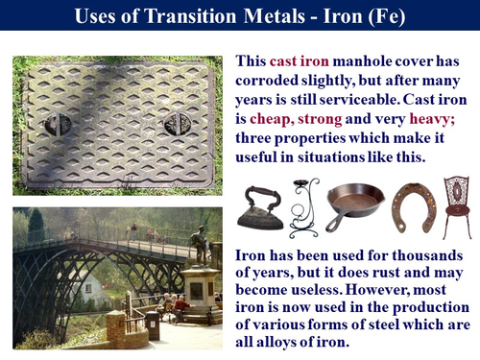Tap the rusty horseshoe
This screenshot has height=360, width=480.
coord(407,206)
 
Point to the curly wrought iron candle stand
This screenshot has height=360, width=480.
coord(304,208)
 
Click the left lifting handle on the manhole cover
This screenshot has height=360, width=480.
coord(74,124)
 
